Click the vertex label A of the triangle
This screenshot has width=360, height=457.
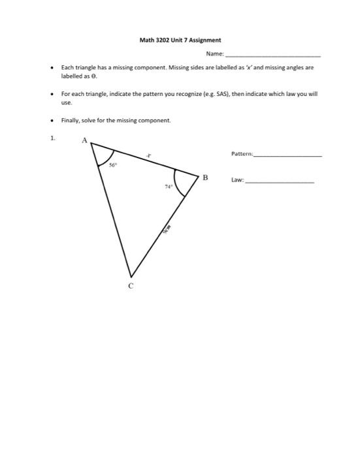(84, 140)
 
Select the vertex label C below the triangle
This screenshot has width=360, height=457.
(131, 285)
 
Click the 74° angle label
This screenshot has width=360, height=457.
(168, 186)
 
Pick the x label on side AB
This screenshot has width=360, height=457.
(148, 155)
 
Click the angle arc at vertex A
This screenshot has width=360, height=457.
(104, 158)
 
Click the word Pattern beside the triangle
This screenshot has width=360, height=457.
(242, 154)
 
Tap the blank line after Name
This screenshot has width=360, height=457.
(272, 55)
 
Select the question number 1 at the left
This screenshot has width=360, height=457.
(53, 138)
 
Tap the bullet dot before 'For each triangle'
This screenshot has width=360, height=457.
(52, 94)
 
